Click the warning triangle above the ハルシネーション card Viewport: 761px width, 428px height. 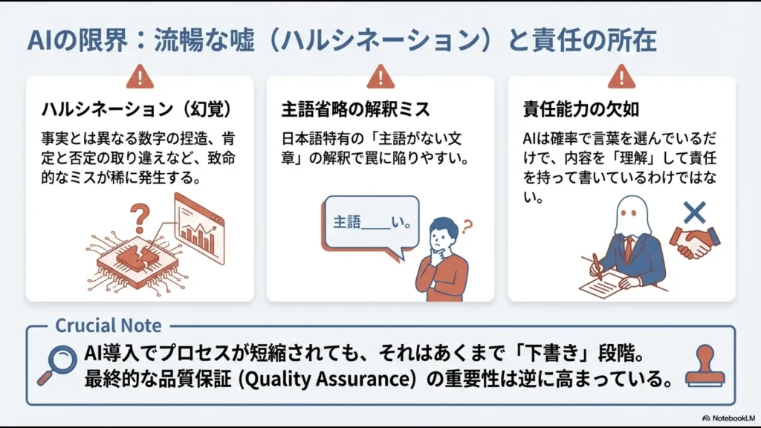tap(140, 76)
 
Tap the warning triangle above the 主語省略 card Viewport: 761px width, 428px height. tap(380, 76)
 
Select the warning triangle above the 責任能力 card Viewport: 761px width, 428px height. tap(621, 76)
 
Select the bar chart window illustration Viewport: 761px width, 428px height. tap(199, 226)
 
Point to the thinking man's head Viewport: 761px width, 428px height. tap(444, 232)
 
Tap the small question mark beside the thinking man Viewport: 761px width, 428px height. tap(467, 225)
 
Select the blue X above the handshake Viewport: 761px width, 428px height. tap(693, 213)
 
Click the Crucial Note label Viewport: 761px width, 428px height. tap(109, 325)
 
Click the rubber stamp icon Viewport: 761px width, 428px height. tap(705, 366)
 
